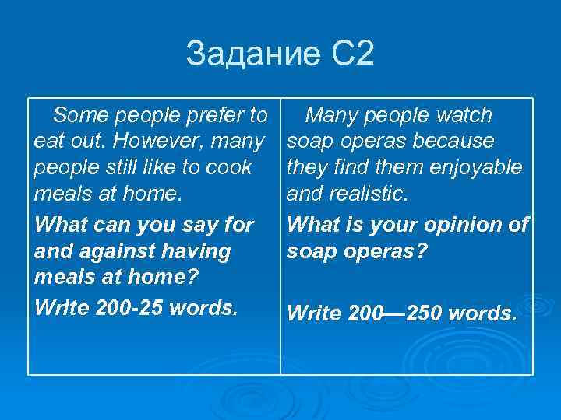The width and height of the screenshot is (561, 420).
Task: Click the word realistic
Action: pyautogui.click(x=372, y=193)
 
